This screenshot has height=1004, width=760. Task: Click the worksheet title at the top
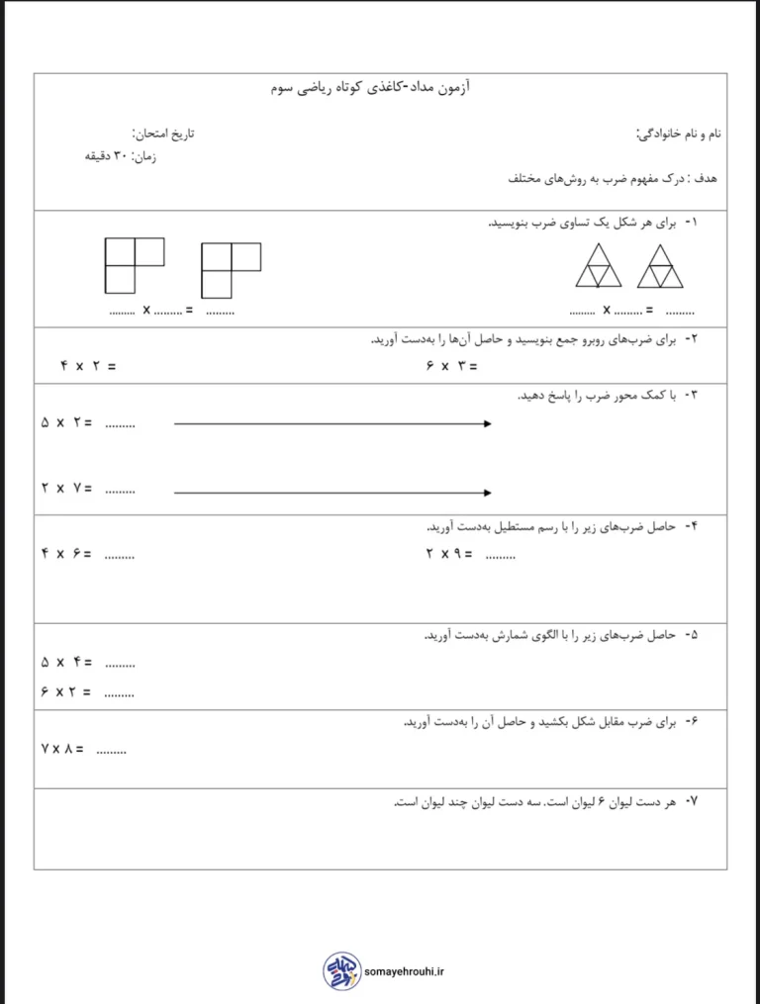point(371,89)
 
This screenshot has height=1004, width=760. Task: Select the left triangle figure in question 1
point(600,267)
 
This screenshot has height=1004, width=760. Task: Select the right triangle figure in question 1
point(661,267)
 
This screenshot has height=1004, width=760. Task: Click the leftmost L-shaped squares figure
point(133,265)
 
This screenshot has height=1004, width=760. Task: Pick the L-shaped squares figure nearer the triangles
point(230,270)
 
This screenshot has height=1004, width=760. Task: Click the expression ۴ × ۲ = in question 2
point(87,366)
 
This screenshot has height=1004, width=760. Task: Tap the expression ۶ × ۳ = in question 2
point(451,366)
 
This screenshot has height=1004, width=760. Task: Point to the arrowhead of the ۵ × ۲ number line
point(488,424)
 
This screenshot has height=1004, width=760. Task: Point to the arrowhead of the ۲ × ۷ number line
point(488,492)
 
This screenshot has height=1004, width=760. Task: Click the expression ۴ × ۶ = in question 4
point(66,554)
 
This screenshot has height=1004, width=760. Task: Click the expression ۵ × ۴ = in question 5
point(66,662)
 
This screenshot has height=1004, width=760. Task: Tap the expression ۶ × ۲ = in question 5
point(66,692)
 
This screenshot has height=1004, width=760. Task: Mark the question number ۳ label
point(691,396)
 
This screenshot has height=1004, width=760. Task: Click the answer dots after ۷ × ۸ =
point(112,751)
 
